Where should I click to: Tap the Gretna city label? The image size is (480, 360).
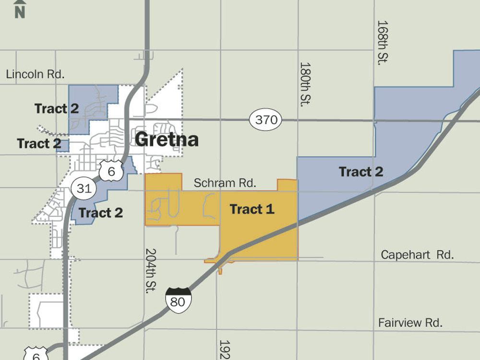pyautogui.click(x=167, y=140)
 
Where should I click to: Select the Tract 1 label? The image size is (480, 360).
pyautogui.click(x=252, y=209)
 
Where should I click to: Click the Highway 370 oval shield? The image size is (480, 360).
pyautogui.click(x=266, y=120)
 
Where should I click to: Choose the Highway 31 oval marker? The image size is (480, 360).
pyautogui.click(x=84, y=188)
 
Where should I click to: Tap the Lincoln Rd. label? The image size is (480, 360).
pyautogui.click(x=35, y=74)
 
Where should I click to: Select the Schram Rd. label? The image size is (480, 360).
pyautogui.click(x=225, y=183)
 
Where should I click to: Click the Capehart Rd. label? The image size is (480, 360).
pyautogui.click(x=417, y=255)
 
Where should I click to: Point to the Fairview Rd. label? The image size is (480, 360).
pyautogui.click(x=410, y=323)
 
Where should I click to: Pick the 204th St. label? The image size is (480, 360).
pyautogui.click(x=151, y=270)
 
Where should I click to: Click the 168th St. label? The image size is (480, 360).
pyautogui.click(x=382, y=42)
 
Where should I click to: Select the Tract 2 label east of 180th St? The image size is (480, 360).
pyautogui.click(x=361, y=171)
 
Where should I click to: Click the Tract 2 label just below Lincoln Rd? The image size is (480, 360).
pyautogui.click(x=57, y=108)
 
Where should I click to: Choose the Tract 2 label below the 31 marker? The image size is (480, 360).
pyautogui.click(x=100, y=213)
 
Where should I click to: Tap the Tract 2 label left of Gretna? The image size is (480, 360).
pyautogui.click(x=39, y=144)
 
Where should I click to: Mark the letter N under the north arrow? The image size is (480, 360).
pyautogui.click(x=20, y=12)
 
